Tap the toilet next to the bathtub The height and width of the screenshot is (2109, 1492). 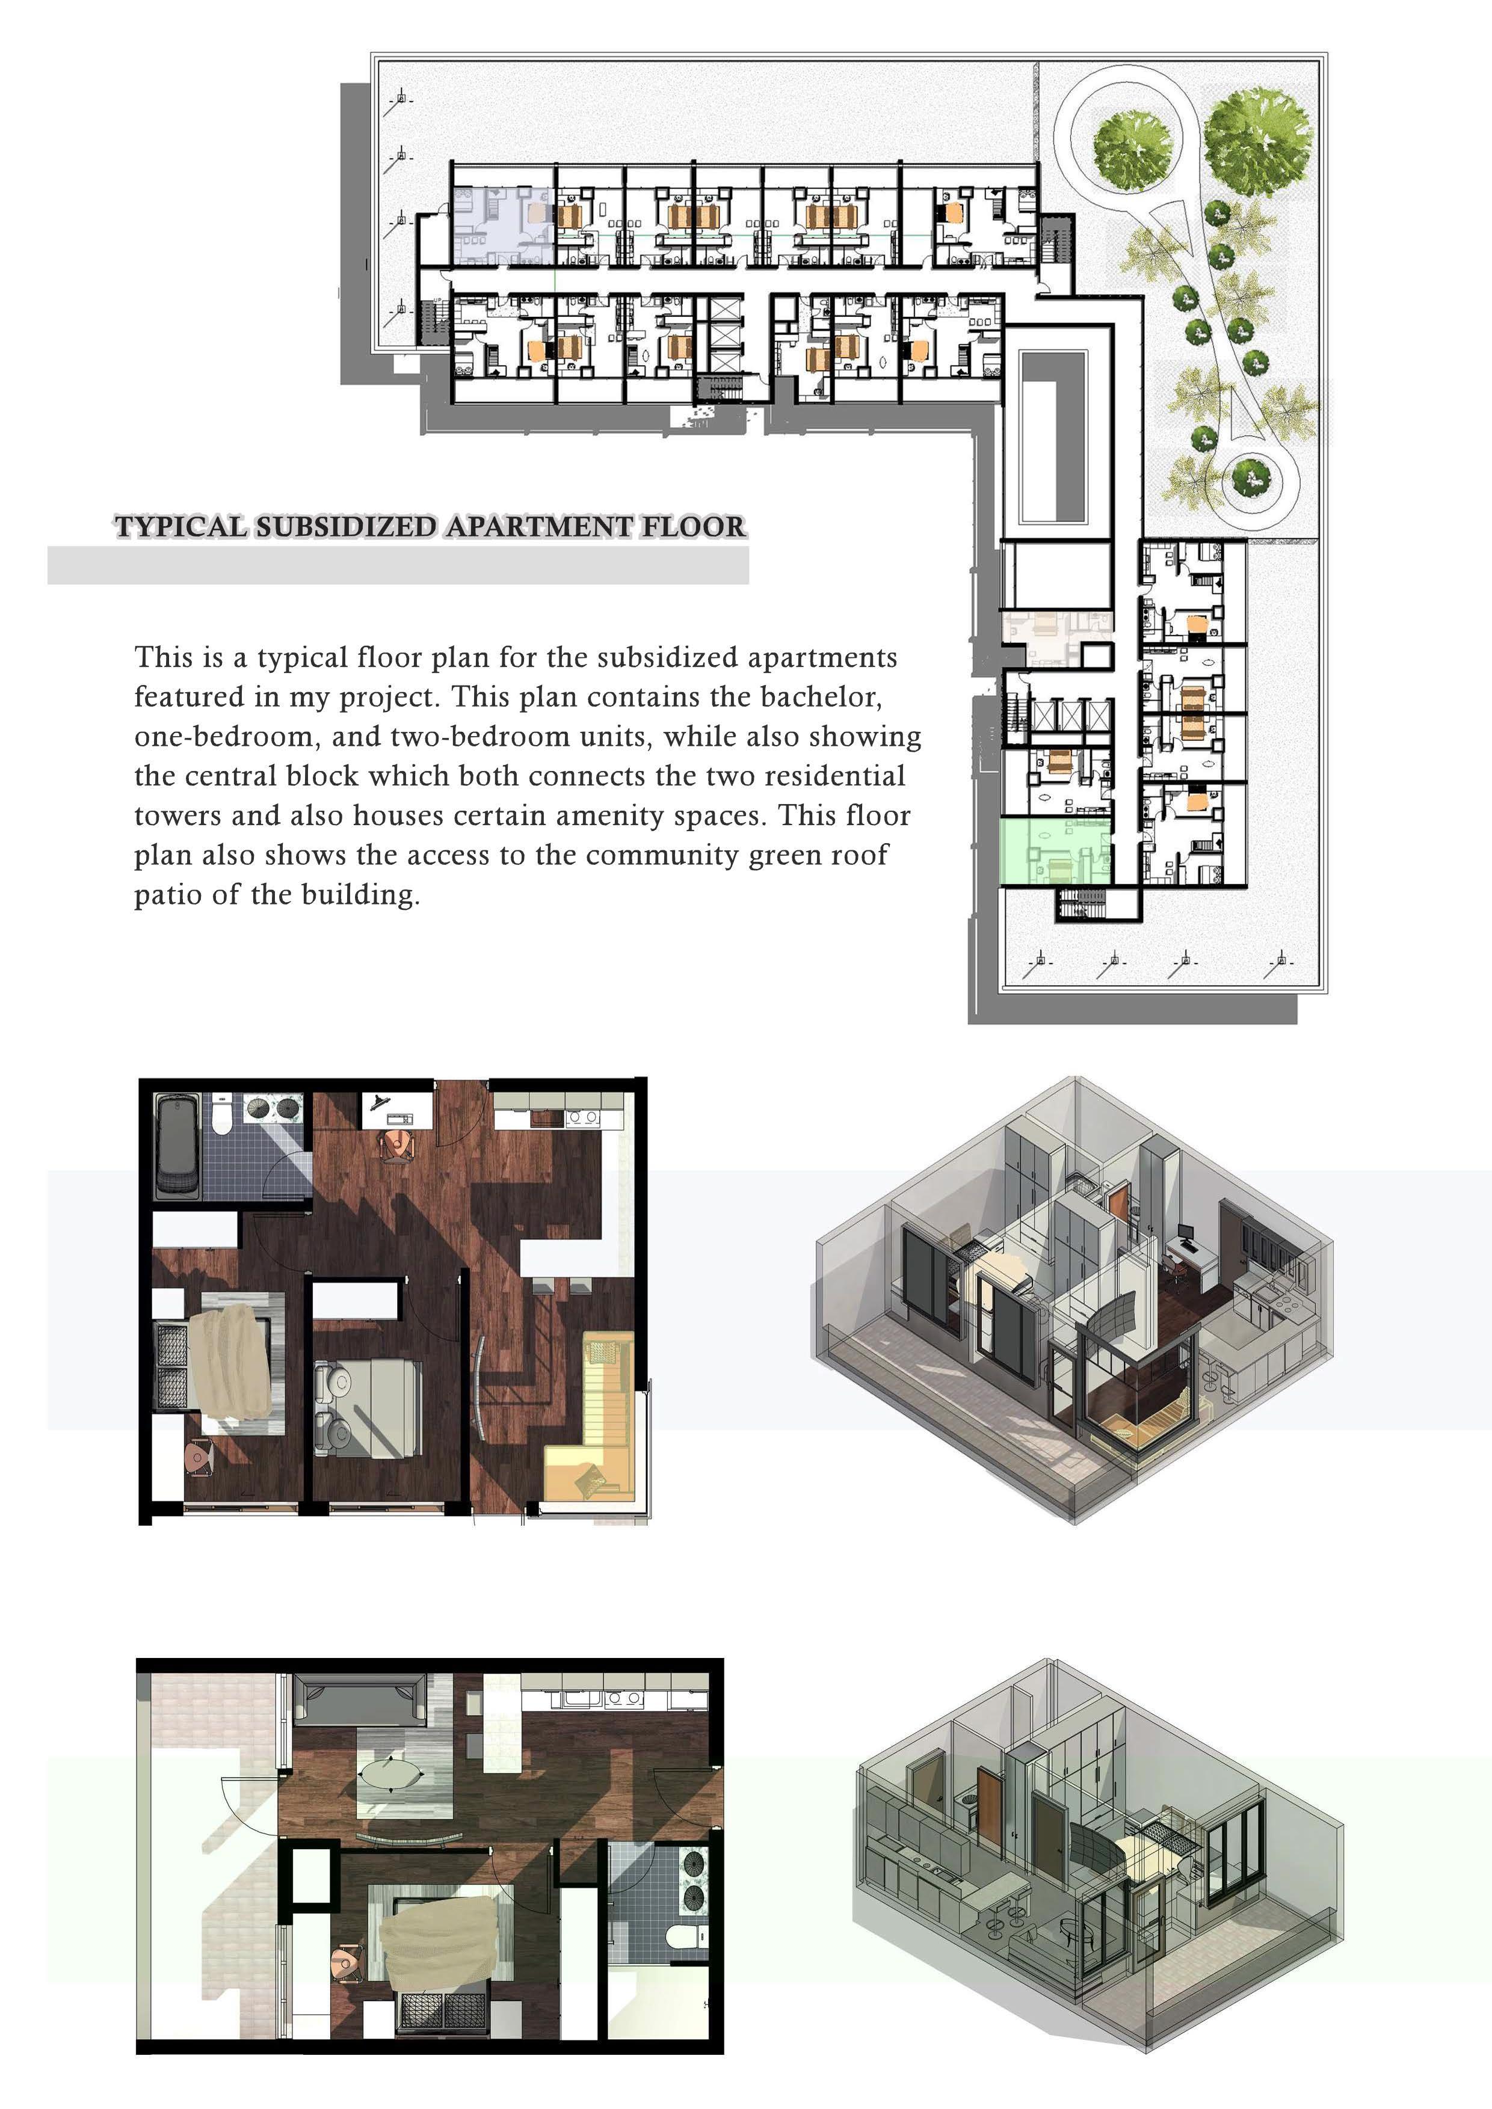click(x=221, y=1114)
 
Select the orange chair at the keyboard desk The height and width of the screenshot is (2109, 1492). click(x=398, y=1144)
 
